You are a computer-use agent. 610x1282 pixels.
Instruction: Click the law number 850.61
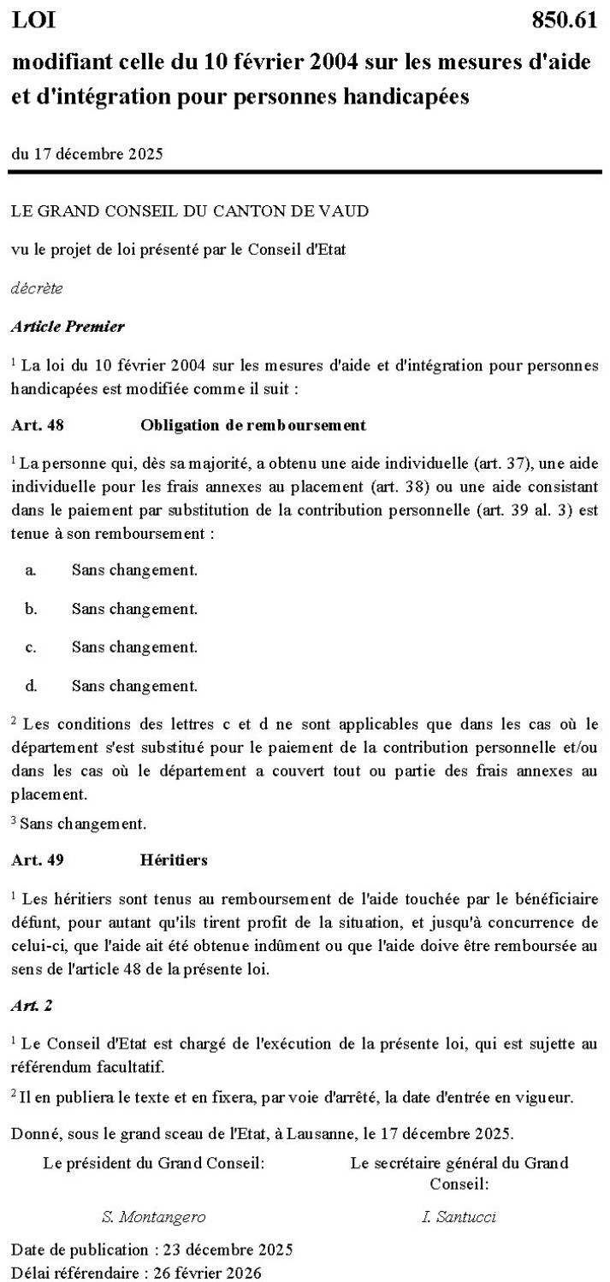pos(564,21)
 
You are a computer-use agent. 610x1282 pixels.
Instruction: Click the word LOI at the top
pos(33,21)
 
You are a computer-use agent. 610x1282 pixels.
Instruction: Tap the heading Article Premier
pos(68,326)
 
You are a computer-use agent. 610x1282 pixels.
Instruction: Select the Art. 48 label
pos(38,424)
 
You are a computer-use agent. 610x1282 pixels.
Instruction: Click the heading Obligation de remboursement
pos(252,424)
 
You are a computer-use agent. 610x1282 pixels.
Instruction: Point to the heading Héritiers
pos(173,860)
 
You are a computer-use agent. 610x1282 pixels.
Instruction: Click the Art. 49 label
pos(38,860)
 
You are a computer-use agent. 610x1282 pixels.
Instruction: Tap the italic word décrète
pos(36,288)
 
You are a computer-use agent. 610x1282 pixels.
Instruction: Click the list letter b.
pos(31,609)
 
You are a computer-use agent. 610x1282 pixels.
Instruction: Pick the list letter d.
pos(31,685)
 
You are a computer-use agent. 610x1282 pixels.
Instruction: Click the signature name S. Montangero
pos(153,1216)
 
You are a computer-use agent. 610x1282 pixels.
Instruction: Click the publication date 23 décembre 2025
pos(222,1250)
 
